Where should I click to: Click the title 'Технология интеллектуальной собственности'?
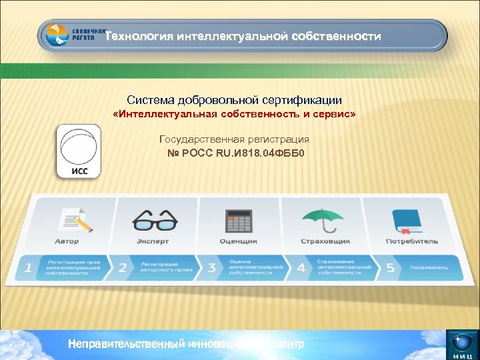click(243, 36)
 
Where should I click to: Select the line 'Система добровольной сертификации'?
click(235, 100)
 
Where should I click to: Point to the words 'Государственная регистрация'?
click(235, 139)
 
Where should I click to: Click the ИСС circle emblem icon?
click(78, 151)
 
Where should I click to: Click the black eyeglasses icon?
click(155, 219)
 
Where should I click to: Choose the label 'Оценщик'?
click(238, 241)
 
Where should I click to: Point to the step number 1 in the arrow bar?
click(28, 268)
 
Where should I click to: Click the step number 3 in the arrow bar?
click(211, 268)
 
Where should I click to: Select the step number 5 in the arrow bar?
click(391, 268)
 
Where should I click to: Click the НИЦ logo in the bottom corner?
click(461, 345)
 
